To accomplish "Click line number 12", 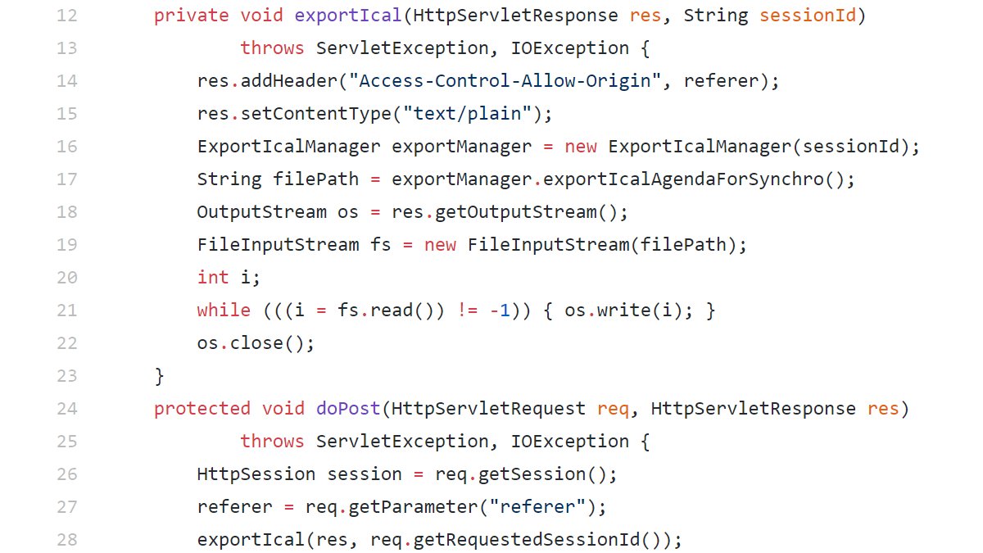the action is (66, 16).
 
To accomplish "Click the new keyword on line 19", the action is (440, 245).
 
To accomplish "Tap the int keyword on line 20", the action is (213, 278).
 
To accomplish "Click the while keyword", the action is (224, 310).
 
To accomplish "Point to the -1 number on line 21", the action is (500, 310).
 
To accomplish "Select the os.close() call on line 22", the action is (256, 343).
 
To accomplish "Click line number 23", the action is (66, 376).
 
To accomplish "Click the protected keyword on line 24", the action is (202, 409).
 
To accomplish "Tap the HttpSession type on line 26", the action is (256, 474).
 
